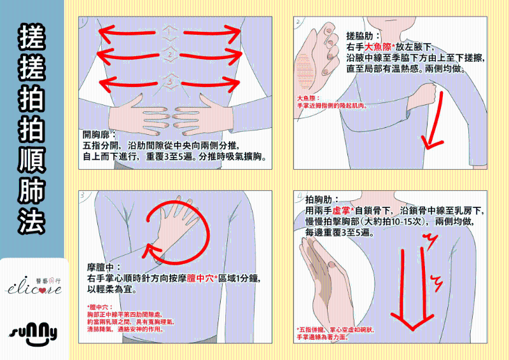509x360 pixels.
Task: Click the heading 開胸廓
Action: tap(99, 135)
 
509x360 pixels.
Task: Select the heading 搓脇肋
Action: tap(363, 37)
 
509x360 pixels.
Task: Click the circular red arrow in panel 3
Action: tap(178, 232)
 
